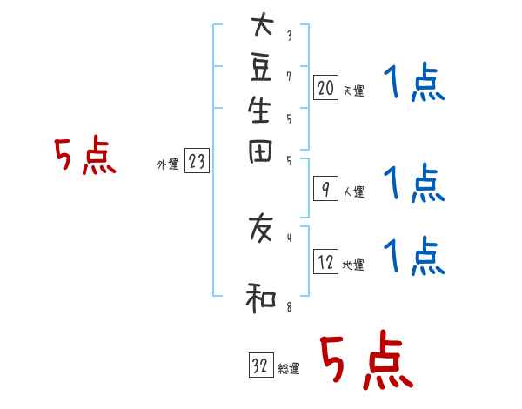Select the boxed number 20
325,88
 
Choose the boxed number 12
325,262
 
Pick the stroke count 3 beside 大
288,36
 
